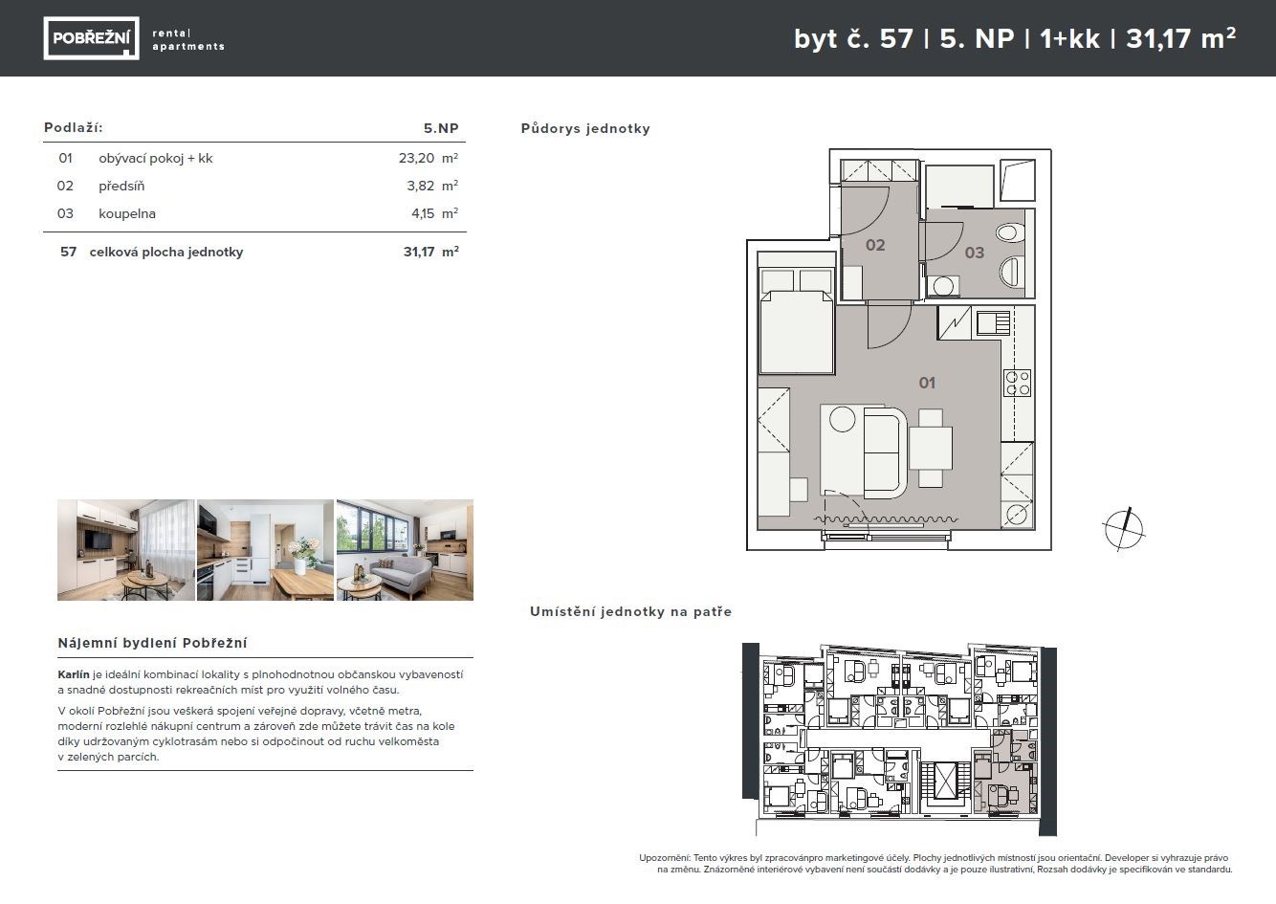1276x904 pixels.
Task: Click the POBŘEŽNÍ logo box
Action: pyautogui.click(x=91, y=38)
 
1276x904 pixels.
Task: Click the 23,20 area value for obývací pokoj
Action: pyautogui.click(x=416, y=159)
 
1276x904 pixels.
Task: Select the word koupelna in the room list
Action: pyautogui.click(x=127, y=213)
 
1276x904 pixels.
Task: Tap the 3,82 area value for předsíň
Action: pyautogui.click(x=421, y=186)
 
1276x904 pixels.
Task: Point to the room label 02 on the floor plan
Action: pyautogui.click(x=875, y=245)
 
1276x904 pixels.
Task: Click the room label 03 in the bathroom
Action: pyautogui.click(x=974, y=253)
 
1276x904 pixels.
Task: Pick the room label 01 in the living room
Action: pyautogui.click(x=927, y=383)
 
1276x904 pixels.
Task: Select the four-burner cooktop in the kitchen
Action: pyautogui.click(x=1018, y=383)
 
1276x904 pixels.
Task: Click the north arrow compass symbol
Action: pyautogui.click(x=1123, y=529)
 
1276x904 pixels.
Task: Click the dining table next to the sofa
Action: pyautogui.click(x=931, y=449)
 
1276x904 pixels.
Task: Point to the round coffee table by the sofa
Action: pyautogui.click(x=842, y=420)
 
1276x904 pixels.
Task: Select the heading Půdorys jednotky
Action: pyautogui.click(x=585, y=129)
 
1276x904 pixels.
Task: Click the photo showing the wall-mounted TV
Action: pyautogui.click(x=126, y=550)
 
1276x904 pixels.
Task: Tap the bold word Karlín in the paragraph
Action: pyautogui.click(x=74, y=674)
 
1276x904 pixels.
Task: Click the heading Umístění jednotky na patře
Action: pyautogui.click(x=630, y=612)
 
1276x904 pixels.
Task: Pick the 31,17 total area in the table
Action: pyautogui.click(x=419, y=252)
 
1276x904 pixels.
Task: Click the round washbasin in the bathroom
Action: pyautogui.click(x=943, y=286)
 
